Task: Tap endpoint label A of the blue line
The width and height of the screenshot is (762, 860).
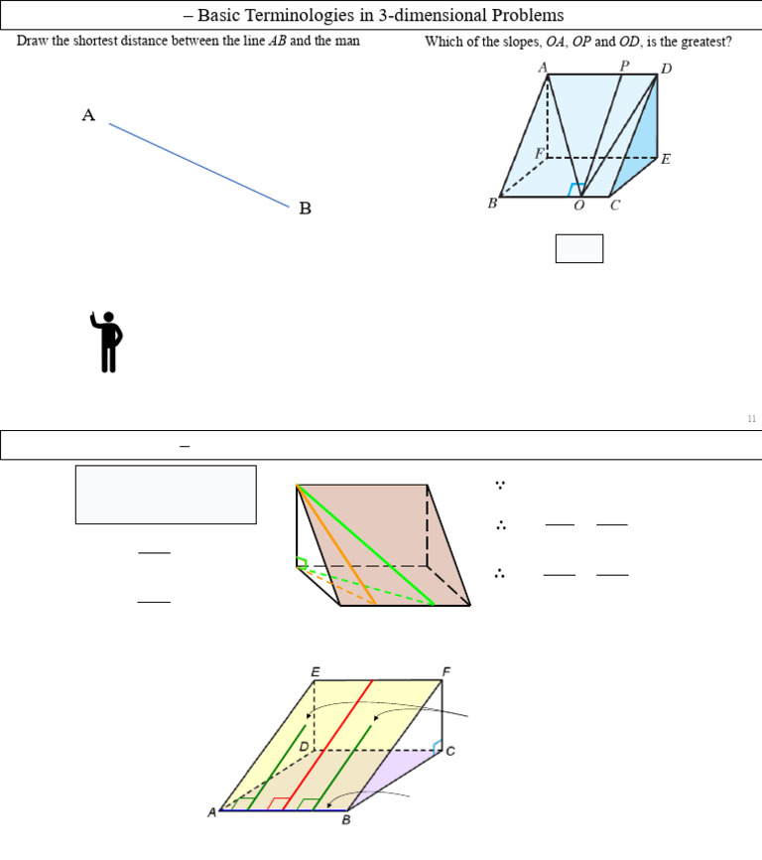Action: coord(88,115)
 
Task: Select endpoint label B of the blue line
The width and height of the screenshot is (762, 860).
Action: coord(306,209)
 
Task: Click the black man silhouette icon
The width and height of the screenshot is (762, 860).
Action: coord(107,342)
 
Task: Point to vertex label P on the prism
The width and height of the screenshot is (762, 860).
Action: coord(624,66)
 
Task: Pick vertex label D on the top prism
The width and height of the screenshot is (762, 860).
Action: coord(666,69)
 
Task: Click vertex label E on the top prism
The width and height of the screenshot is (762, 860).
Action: coord(665,159)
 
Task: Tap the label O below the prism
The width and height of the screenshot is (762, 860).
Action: coord(578,206)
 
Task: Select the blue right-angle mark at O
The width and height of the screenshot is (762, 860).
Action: coord(575,189)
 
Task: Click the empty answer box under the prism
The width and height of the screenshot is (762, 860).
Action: coord(579,248)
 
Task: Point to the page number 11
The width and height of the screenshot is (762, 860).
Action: coord(752,419)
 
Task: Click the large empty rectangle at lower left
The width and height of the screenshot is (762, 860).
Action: coord(166,495)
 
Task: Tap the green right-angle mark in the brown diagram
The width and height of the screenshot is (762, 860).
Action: coord(302,564)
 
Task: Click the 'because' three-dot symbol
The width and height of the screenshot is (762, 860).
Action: coord(500,486)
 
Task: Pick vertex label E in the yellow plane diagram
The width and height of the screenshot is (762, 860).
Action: coord(316,672)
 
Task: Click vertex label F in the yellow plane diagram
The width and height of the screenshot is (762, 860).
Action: coord(446,672)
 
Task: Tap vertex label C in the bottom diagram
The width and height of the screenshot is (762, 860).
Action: coord(450,752)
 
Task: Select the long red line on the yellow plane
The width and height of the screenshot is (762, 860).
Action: coord(327,745)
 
